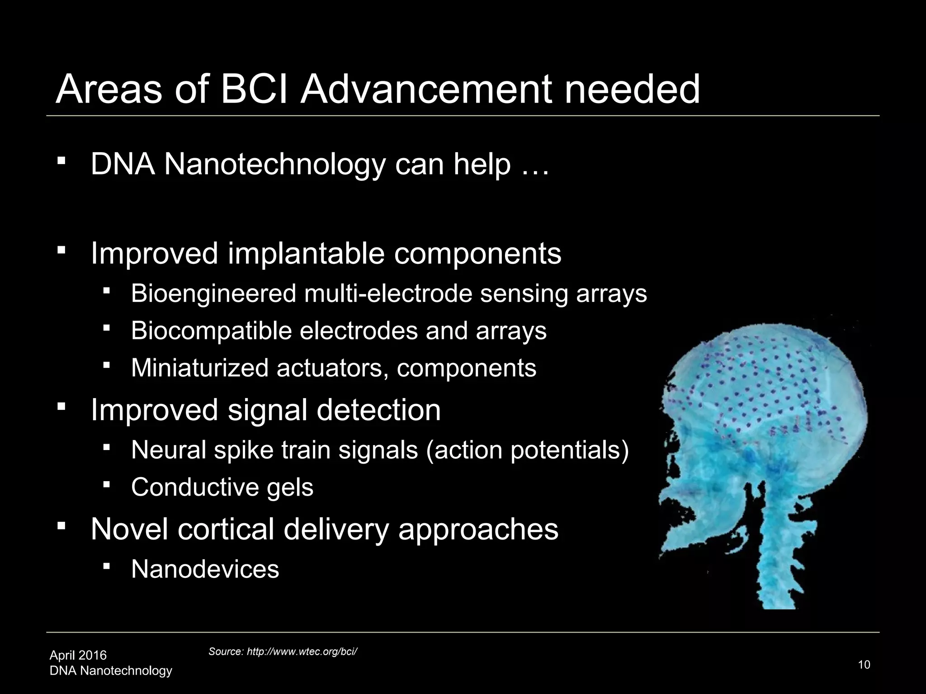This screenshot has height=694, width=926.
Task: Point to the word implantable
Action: [x=306, y=253]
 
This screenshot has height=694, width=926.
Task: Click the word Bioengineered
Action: [x=213, y=294]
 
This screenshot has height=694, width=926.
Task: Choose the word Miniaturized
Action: [x=200, y=368]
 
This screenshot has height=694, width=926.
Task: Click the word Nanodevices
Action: [x=205, y=569]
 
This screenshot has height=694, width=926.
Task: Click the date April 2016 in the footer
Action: [x=78, y=655]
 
